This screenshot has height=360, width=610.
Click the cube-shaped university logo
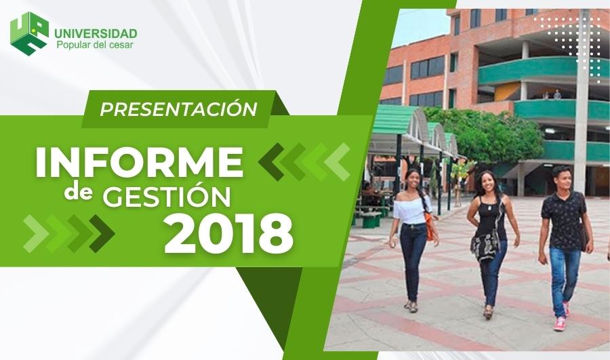click(x=30, y=33)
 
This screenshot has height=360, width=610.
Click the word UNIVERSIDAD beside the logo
click(x=96, y=33)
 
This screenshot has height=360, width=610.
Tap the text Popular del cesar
click(x=95, y=45)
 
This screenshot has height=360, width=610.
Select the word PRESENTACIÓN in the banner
click(x=178, y=108)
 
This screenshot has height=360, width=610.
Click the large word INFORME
click(x=139, y=162)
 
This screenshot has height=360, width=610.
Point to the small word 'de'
click(x=79, y=192)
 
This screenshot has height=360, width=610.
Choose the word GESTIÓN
click(x=167, y=196)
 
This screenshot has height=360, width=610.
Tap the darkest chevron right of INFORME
click(x=271, y=161)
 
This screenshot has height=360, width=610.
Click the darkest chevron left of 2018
click(x=102, y=233)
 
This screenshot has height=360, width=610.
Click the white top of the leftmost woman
click(x=411, y=211)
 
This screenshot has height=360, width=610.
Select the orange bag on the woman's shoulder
click(x=429, y=227)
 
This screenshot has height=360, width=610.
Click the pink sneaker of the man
click(x=560, y=324)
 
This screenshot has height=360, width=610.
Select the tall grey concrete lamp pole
click(x=582, y=101)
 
